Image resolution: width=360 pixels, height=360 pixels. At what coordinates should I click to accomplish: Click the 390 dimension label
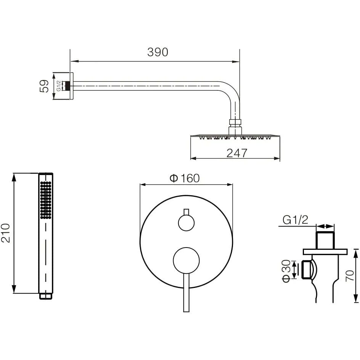tap(158, 52)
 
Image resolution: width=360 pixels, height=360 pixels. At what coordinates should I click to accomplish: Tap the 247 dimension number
tap(237, 153)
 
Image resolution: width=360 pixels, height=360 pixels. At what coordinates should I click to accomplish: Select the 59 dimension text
tap(44, 86)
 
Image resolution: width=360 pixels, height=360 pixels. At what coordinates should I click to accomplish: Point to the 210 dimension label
tap(5, 233)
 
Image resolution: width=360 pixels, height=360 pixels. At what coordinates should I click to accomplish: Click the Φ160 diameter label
tap(185, 178)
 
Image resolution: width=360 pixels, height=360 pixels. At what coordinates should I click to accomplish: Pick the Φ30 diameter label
tap(286, 271)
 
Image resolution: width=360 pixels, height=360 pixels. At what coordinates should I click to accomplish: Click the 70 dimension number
tap(350, 275)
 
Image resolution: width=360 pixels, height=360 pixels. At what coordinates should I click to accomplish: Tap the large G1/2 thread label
tap(295, 220)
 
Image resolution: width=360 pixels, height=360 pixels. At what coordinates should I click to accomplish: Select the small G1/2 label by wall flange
tap(59, 86)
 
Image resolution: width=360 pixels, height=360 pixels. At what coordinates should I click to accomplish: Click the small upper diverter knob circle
tap(186, 223)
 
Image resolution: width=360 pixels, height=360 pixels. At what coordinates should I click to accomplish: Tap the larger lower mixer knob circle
tap(186, 260)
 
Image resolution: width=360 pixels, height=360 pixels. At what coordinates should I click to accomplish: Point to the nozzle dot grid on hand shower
tap(46, 200)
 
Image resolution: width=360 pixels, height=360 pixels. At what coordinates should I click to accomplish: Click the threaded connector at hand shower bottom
tap(46, 296)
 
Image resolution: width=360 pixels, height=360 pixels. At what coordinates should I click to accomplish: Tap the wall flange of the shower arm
tap(71, 86)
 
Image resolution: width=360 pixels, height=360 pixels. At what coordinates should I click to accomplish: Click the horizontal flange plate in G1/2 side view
tap(325, 252)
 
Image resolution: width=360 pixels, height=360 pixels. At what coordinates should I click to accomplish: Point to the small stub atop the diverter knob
tap(186, 212)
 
